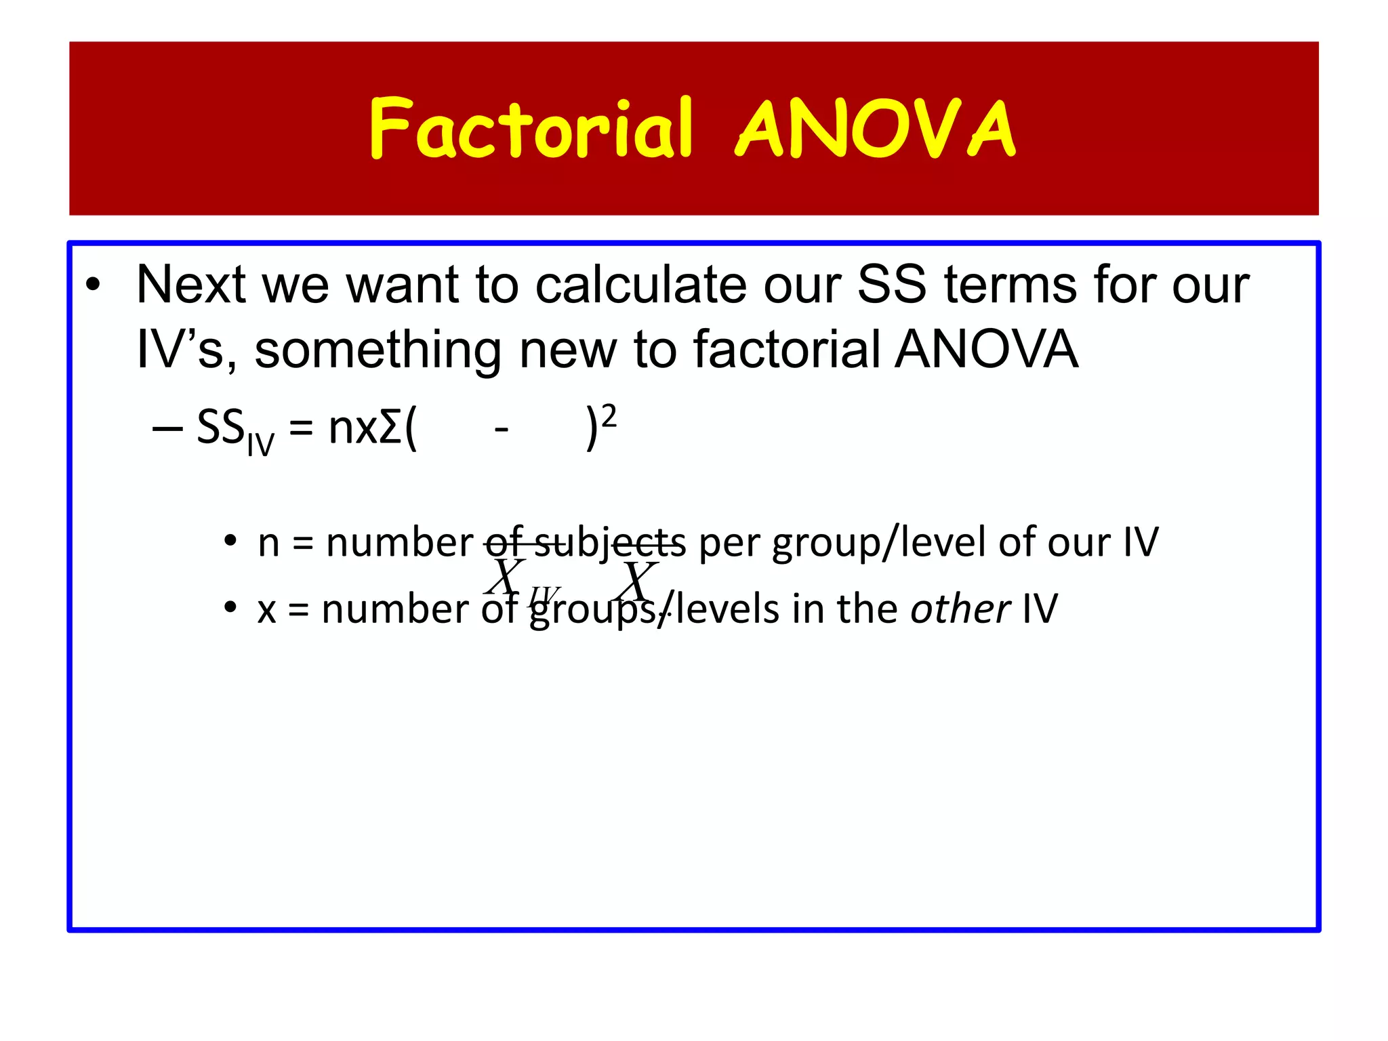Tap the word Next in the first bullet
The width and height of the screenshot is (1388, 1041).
[x=190, y=285]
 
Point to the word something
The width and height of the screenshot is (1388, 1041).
[x=377, y=350]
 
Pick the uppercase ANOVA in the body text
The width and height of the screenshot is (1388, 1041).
[x=986, y=350]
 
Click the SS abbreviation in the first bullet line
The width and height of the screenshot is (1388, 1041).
[x=891, y=285]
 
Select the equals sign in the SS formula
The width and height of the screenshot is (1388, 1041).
[x=301, y=430]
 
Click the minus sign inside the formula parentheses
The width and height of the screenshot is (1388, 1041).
[x=502, y=430]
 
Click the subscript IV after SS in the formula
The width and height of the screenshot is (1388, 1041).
[x=261, y=445]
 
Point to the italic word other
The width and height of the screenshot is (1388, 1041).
[x=960, y=609]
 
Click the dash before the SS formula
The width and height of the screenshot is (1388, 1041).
[x=167, y=429]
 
